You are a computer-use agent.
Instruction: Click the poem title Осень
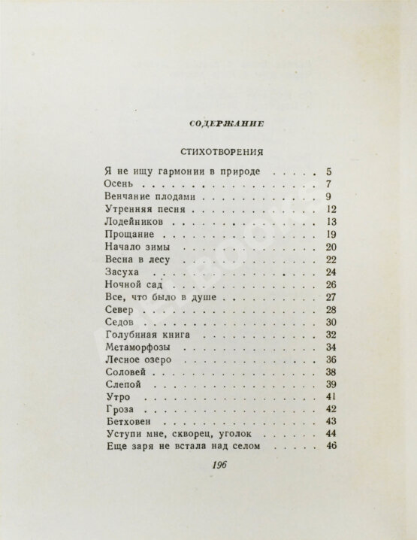point(114,184)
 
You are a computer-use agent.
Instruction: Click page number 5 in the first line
point(331,171)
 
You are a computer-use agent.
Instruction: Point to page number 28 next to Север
point(330,310)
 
